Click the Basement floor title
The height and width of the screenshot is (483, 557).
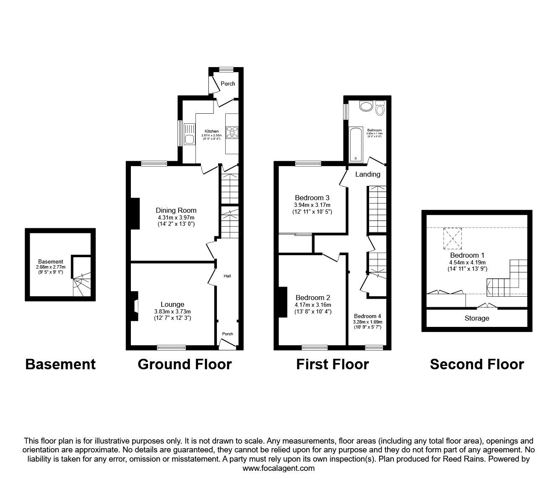(x=60, y=364)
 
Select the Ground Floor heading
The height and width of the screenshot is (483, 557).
(x=185, y=364)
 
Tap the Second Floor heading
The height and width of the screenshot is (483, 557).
(x=477, y=364)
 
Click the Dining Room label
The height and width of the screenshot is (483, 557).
(x=176, y=210)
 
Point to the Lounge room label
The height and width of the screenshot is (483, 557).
(x=172, y=304)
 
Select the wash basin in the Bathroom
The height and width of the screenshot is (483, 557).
(x=366, y=106)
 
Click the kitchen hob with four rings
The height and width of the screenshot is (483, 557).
(x=232, y=133)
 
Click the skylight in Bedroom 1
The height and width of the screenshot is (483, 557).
(x=453, y=238)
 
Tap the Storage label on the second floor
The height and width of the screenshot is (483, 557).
(x=477, y=318)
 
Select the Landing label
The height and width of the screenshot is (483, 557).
(x=367, y=174)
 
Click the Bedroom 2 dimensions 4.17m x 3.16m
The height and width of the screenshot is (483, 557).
(x=312, y=305)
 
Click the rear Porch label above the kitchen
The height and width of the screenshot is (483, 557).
(x=228, y=84)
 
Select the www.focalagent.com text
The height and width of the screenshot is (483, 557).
(x=278, y=468)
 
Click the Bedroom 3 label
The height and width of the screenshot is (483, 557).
(x=312, y=198)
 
